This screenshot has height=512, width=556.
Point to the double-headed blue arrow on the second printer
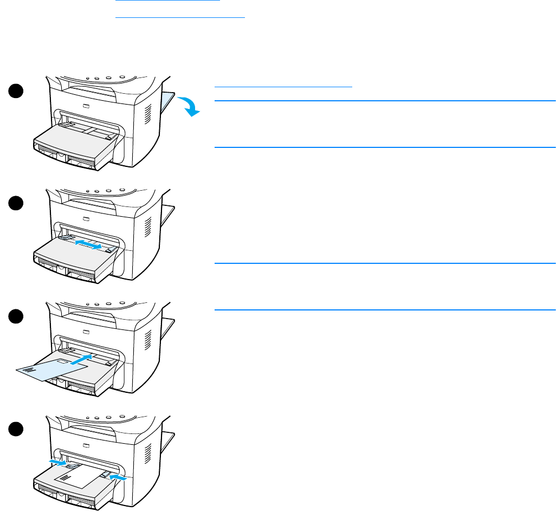click(x=88, y=245)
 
